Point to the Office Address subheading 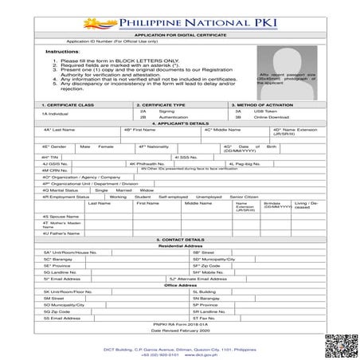tap(180, 284)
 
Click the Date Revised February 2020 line tap(180, 331)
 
